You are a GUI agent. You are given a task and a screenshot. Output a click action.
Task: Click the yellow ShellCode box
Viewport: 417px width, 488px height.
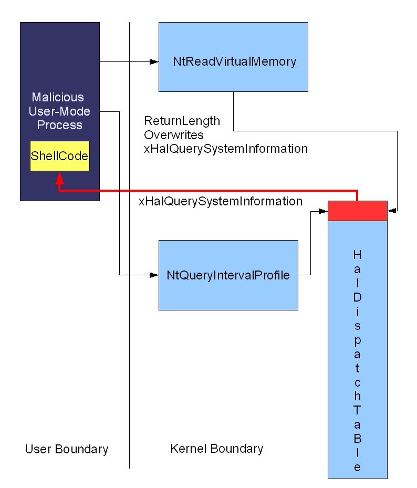tap(59, 156)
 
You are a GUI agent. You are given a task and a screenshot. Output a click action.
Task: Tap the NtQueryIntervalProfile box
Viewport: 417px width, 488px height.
tap(228, 275)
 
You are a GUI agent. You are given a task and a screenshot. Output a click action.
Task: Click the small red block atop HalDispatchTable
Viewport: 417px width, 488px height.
tap(357, 211)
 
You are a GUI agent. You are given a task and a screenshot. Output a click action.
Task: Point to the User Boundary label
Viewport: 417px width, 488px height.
tap(67, 449)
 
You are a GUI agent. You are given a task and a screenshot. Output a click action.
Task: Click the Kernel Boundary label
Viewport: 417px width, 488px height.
tap(216, 449)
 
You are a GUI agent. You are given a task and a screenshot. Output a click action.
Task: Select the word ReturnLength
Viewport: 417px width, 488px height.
tap(182, 121)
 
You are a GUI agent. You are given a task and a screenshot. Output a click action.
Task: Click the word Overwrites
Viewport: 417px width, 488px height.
tap(173, 135)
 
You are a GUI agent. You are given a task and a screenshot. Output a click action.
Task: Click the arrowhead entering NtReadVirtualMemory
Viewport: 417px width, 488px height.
tap(154, 62)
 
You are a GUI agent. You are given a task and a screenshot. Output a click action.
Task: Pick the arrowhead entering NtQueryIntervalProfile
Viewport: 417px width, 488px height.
tap(154, 275)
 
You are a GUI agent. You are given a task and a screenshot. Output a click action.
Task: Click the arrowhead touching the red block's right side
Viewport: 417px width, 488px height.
tap(391, 211)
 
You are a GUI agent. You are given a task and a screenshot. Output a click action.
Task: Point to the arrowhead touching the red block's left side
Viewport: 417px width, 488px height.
tap(324, 211)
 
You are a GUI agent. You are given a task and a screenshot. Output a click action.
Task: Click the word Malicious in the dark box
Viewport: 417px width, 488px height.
tap(57, 98)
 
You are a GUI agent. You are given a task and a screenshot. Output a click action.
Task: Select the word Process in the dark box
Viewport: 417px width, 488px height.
tap(59, 125)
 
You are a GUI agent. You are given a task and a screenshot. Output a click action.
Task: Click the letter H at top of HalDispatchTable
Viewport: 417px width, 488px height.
tap(357, 255)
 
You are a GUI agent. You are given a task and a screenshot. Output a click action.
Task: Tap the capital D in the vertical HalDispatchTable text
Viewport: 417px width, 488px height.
tap(357, 297)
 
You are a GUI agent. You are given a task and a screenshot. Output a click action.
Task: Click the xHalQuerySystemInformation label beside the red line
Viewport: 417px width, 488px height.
tap(220, 201)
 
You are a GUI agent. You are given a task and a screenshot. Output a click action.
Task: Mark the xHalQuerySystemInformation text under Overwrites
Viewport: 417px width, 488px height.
tap(225, 149)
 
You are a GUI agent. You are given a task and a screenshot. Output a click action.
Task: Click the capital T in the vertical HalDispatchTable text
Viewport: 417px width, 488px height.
tap(357, 409)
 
